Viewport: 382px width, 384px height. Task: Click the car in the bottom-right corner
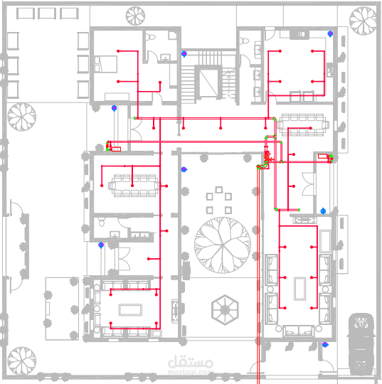[x=361, y=343]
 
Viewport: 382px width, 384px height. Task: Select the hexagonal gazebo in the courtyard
[x=225, y=310]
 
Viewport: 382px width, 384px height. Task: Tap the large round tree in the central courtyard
[x=223, y=245]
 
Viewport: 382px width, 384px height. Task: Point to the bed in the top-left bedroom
[x=105, y=64]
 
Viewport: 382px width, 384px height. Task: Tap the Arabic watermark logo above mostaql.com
[x=191, y=362]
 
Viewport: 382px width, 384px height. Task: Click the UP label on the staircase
[x=228, y=95]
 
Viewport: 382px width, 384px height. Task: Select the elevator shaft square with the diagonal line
[x=208, y=83]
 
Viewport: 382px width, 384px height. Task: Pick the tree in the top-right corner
[x=363, y=21]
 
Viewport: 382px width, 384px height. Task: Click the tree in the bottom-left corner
[x=21, y=361]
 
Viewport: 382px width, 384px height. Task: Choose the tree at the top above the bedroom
[x=135, y=16]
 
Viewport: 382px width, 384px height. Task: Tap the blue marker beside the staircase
[x=184, y=54]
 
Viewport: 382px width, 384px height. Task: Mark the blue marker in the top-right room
[x=330, y=34]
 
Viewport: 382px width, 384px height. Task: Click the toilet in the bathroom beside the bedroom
[x=151, y=37]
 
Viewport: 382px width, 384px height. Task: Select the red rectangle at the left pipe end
[x=117, y=149]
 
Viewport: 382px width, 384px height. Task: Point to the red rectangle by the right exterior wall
[x=322, y=156]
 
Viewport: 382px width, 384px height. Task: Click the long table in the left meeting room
[x=134, y=186]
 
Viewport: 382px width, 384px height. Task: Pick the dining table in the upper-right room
[x=302, y=124]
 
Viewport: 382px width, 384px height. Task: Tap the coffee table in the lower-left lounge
[x=130, y=310]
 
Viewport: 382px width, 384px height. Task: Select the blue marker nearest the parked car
[x=325, y=345]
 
